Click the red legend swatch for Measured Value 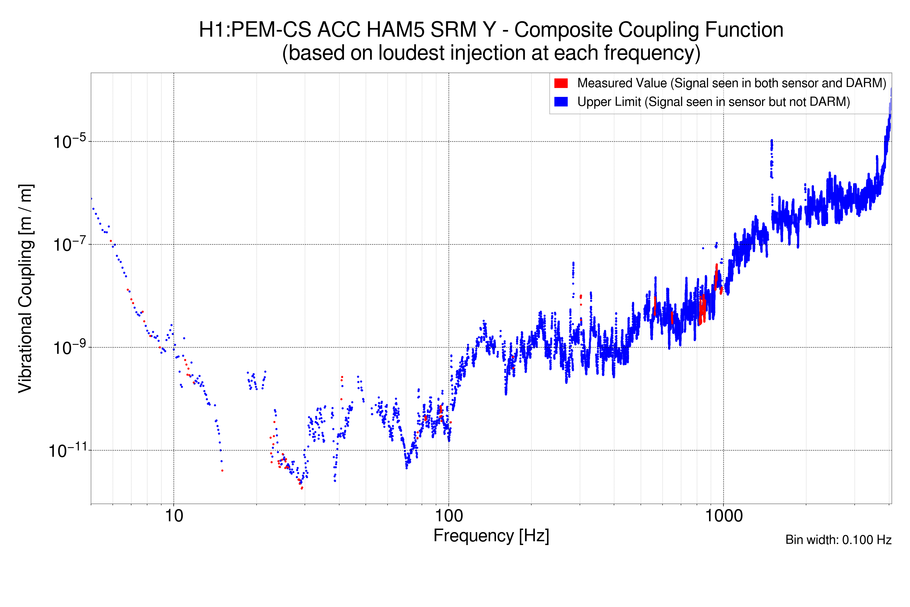561,83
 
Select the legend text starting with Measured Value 731,83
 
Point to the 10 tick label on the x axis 174,516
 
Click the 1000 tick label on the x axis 723,516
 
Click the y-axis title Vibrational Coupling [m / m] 26,288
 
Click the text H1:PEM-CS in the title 255,30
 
